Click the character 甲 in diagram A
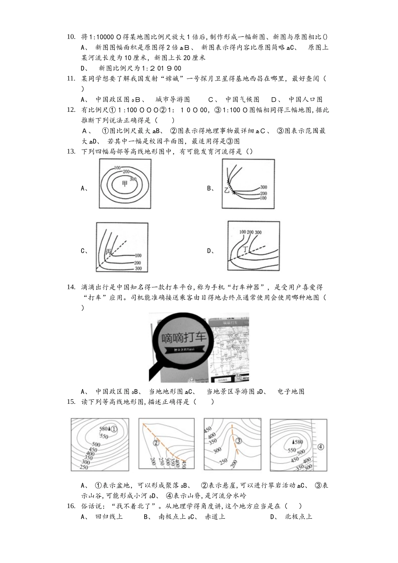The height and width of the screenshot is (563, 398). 124,184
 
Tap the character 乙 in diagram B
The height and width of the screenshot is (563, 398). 227,191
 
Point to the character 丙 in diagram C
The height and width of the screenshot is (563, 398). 109,252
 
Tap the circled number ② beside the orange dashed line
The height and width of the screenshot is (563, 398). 156,443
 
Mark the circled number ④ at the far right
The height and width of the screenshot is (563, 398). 321,447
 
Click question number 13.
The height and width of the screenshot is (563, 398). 71,152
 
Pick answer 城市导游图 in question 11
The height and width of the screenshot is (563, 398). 172,99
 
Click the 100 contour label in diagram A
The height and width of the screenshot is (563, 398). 117,168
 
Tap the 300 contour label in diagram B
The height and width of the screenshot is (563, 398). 264,187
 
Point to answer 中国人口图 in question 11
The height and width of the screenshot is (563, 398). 305,99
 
